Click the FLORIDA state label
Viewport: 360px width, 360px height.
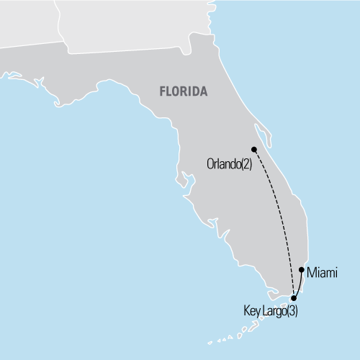click(183, 92)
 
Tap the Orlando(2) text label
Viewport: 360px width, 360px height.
click(229, 164)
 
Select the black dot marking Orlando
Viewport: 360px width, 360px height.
click(254, 150)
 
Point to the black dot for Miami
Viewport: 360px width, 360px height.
click(302, 270)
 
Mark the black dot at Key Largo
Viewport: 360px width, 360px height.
click(293, 297)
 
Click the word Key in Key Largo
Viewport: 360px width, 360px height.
click(253, 311)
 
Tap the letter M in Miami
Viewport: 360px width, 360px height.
click(310, 272)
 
